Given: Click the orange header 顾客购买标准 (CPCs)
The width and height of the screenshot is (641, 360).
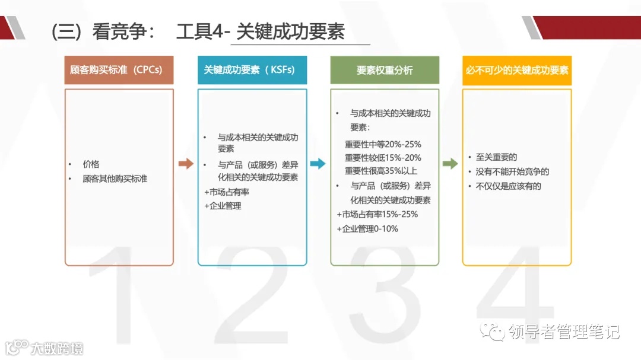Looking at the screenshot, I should tap(119, 70).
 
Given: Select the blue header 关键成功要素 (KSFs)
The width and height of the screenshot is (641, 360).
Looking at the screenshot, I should tap(252, 70).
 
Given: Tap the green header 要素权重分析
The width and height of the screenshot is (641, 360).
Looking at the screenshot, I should tap(385, 70).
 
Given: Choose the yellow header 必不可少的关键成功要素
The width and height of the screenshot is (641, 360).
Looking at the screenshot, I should tap(516, 70).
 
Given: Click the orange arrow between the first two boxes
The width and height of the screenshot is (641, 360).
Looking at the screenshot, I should tap(186, 164).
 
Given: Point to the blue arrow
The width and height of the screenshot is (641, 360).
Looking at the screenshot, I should tap(318, 164).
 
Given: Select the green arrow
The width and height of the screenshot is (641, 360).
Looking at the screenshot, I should tap(450, 164).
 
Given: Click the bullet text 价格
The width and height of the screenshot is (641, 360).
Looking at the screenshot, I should tap(91, 164).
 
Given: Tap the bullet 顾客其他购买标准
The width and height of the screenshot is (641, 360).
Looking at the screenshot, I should tap(115, 178).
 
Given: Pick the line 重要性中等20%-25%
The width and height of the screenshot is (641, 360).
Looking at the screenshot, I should tap(383, 144).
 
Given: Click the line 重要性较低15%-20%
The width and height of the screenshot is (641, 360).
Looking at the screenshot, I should tap(383, 158).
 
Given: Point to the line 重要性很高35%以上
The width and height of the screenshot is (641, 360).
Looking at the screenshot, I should tap(380, 171).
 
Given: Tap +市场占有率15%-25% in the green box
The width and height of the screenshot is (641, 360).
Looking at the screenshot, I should tap(377, 214).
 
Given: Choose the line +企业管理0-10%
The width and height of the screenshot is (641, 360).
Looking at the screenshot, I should tap(367, 228).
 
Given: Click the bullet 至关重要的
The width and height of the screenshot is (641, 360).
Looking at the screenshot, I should tap(497, 157).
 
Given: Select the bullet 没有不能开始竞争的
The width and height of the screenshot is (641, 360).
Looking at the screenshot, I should tap(512, 171).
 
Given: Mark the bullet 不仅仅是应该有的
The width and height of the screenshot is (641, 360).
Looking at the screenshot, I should tap(509, 186).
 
